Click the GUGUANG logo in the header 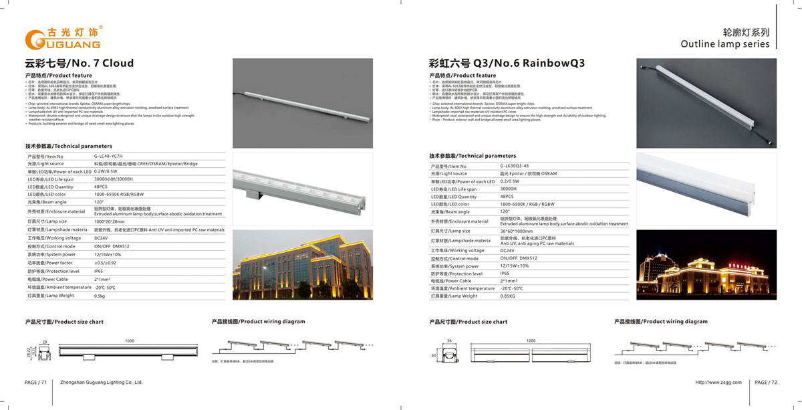[63, 38]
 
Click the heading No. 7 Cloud [80, 64]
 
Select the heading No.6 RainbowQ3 [507, 64]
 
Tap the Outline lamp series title [724, 44]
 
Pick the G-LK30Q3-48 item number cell [514, 165]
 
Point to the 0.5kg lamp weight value [100, 296]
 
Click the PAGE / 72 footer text [766, 383]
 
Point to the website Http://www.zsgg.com [718, 383]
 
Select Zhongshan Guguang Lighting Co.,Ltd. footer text [102, 383]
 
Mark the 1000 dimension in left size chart [130, 341]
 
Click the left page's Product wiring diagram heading [258, 322]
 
